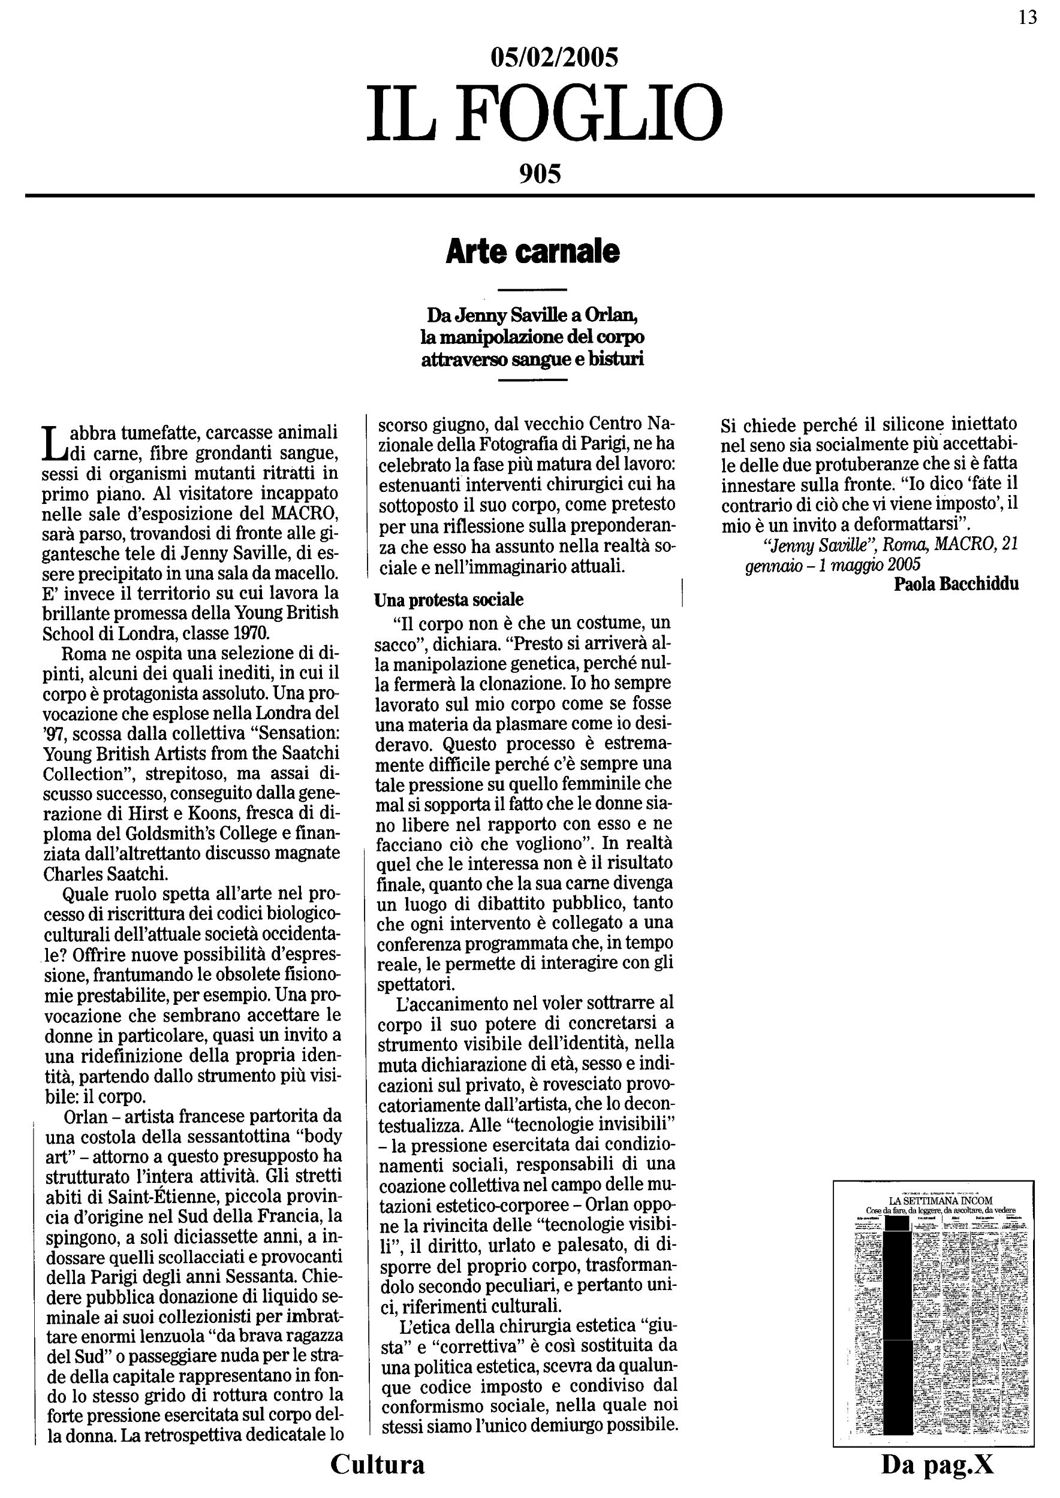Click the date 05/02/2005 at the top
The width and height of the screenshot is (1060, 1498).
(x=553, y=58)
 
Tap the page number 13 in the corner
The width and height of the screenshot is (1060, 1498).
(x=1028, y=17)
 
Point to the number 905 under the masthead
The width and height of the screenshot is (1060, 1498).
(x=540, y=174)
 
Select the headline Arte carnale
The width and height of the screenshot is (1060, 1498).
(x=532, y=252)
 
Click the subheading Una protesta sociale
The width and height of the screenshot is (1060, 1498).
(x=448, y=599)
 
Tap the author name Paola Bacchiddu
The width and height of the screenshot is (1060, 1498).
(x=956, y=584)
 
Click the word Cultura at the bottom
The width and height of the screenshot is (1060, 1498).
(x=377, y=1464)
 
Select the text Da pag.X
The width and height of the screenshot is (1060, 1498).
(x=937, y=1464)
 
